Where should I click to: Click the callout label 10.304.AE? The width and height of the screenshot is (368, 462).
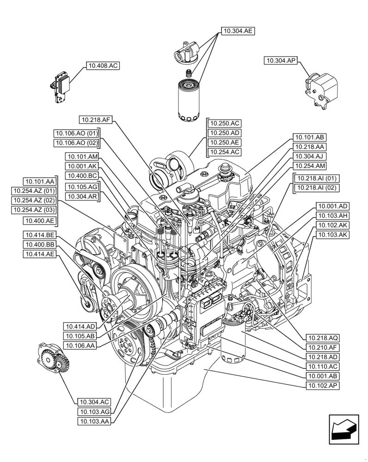(238, 31)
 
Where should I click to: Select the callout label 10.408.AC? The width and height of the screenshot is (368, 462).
(102, 66)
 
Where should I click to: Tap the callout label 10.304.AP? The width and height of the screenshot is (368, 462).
(281, 61)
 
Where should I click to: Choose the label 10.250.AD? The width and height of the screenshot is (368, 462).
(224, 133)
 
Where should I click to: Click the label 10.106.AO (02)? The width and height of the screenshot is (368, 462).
(77, 143)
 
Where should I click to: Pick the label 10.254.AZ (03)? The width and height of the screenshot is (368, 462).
(34, 210)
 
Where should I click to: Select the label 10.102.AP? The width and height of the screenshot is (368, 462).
(322, 385)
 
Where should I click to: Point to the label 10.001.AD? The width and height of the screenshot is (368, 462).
(332, 206)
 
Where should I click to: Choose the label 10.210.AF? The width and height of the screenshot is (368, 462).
(322, 347)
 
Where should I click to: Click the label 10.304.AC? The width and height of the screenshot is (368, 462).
(94, 401)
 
